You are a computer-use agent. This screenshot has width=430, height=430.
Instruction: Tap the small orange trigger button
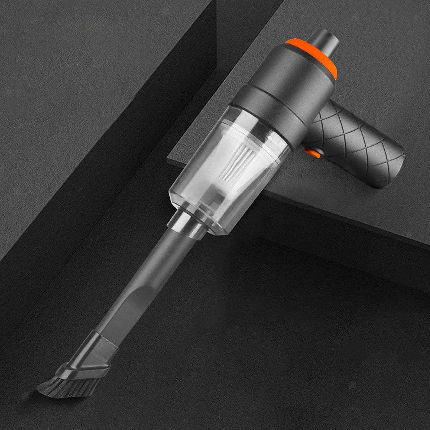(x=312, y=153)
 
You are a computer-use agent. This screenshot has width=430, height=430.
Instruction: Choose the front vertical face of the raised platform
(x=330, y=221)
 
